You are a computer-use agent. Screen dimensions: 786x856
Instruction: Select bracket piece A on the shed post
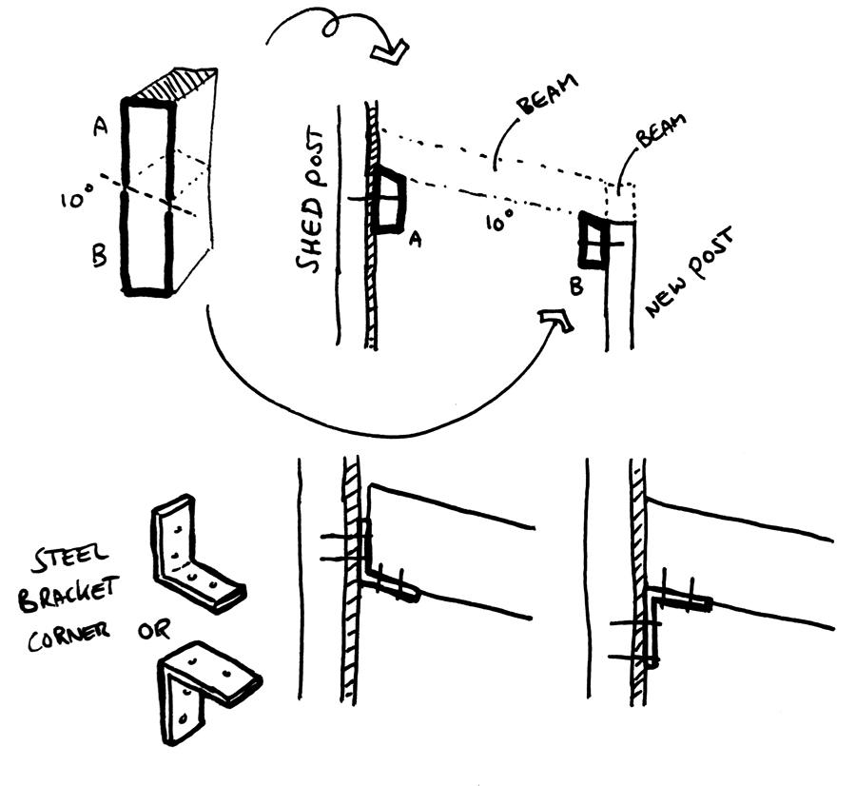pos(389,201)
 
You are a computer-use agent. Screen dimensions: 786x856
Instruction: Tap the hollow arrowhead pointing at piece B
pos(555,321)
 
